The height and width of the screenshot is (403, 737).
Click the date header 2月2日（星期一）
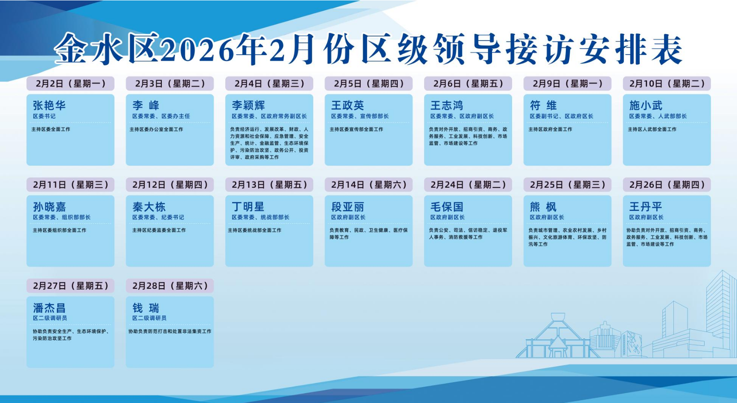coord(70,84)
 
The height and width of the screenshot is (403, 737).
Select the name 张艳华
coord(50,105)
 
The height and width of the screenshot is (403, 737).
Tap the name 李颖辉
coord(248,105)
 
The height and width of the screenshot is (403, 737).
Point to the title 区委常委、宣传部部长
coord(360,116)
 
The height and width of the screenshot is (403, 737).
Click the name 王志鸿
coord(447,105)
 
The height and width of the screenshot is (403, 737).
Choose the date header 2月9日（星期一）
coord(568,84)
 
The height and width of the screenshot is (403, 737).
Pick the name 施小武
coord(646,105)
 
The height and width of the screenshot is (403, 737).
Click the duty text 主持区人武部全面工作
coord(652,129)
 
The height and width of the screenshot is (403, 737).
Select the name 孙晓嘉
coord(50,207)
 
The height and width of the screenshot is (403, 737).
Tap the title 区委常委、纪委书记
coord(158,217)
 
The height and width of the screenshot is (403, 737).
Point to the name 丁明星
coord(248,207)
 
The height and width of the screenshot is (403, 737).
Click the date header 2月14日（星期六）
coord(369,185)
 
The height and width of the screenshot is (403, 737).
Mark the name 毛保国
coord(447,207)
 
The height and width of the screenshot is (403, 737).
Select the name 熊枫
coord(543,207)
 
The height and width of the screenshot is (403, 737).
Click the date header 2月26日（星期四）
coord(667,185)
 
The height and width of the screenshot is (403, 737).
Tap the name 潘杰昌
coord(50,308)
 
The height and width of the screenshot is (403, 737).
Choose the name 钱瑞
coord(146,308)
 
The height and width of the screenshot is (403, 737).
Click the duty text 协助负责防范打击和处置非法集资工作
coord(170,331)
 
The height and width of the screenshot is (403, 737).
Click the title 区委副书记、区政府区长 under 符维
coord(562,116)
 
